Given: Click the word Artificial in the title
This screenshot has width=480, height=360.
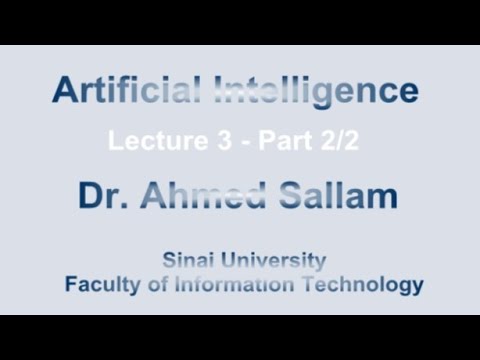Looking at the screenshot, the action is click(127, 89).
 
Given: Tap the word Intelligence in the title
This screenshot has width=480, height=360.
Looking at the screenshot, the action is click(316, 92).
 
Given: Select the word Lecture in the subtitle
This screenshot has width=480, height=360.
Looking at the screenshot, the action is click(158, 140).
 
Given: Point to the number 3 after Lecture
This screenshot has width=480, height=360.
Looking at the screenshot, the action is click(224, 140).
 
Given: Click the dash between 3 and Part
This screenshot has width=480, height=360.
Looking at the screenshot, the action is click(245, 143).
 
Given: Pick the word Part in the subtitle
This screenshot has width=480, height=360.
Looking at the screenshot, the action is click(285, 140).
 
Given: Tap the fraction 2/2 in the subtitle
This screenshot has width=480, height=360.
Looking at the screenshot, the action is click(340, 140).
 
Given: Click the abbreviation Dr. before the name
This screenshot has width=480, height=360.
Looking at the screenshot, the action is click(103, 195).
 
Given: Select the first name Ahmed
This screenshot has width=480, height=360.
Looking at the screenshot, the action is click(203, 195).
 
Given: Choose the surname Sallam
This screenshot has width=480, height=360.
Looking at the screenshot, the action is click(338, 195).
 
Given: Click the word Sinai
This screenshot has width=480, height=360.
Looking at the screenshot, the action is click(188, 260).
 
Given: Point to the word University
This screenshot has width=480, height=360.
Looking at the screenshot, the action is click(273, 261).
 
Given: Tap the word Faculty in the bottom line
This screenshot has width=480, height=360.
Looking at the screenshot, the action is click(102, 285).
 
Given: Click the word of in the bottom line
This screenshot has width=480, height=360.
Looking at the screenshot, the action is click(158, 285).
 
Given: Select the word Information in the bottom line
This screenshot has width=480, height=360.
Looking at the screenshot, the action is click(234, 284).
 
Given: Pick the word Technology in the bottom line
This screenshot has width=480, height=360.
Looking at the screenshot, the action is click(363, 285).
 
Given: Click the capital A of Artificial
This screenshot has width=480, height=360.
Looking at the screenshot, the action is click(65, 89).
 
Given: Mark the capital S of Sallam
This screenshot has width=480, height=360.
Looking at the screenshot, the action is click(291, 196).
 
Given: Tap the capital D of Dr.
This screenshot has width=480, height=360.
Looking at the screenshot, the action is click(90, 196).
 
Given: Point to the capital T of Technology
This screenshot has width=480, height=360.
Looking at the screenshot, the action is click(310, 284).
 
